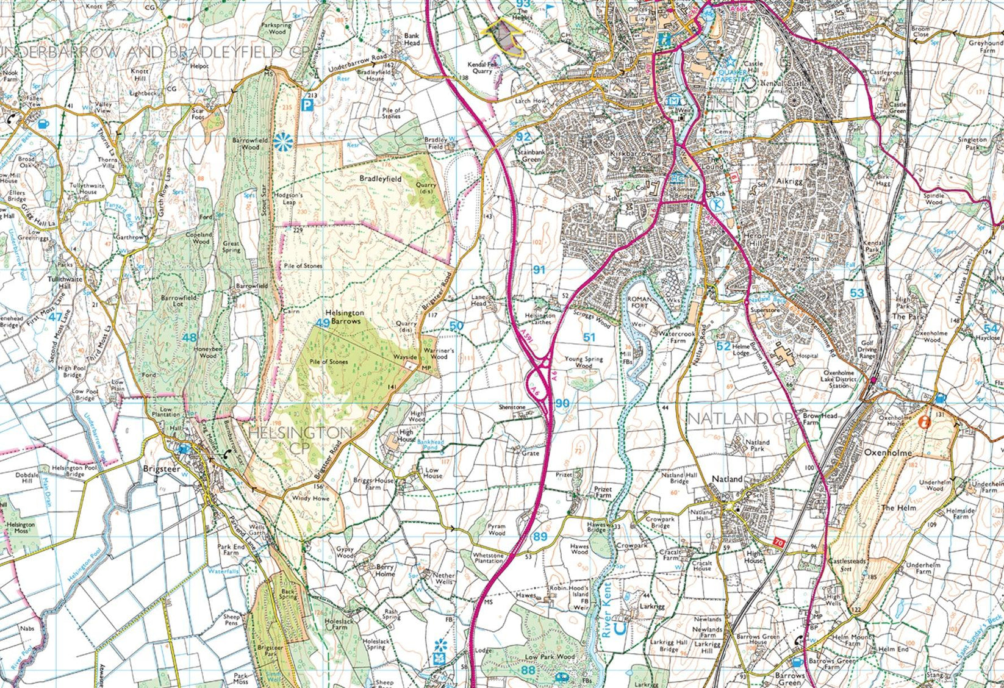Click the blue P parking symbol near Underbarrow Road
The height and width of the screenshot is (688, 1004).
tap(309, 104)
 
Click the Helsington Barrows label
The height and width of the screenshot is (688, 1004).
tap(344, 316)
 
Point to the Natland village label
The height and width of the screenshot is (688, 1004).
tap(728, 479)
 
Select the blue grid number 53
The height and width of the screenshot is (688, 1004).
tap(857, 293)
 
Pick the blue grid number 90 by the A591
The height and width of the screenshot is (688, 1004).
tap(562, 403)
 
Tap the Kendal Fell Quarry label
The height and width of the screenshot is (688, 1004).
tap(479, 67)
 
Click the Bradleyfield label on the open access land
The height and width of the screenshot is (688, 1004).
tap(380, 179)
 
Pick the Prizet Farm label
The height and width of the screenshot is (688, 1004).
tap(603, 492)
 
